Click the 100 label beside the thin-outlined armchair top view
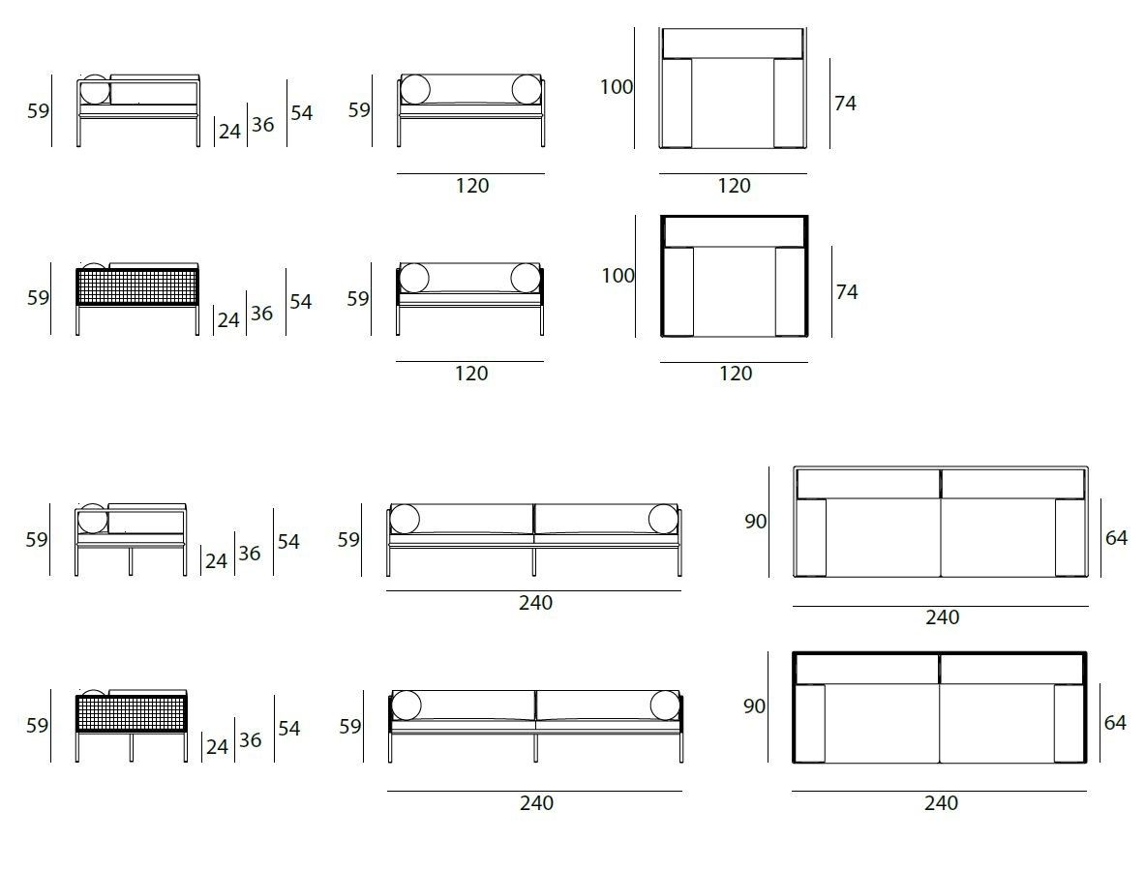pos(617,87)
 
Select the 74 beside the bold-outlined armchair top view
pos(846,292)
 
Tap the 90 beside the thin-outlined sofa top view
pos(756,522)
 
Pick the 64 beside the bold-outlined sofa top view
pos(1115,723)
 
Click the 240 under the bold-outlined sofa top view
pos(942,803)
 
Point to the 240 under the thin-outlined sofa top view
pos(943,617)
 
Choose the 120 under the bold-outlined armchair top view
pos(736,374)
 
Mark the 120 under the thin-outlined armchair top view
pos(734,186)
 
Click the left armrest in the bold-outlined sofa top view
pos(810,724)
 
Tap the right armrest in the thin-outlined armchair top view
pos(790,103)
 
